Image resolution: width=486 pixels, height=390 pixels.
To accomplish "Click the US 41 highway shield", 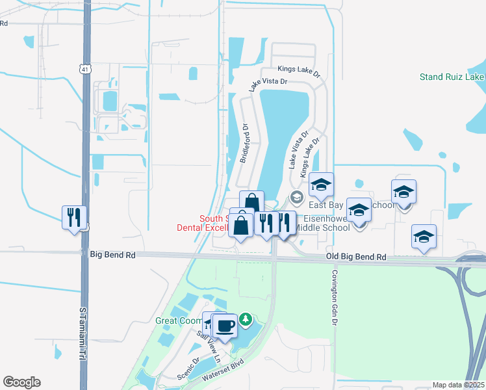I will point(85,68).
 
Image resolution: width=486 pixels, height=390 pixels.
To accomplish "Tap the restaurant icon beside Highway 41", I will point(74,216).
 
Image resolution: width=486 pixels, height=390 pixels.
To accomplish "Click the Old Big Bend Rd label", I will point(356,258).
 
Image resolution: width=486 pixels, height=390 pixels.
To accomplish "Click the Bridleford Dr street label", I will point(245,144).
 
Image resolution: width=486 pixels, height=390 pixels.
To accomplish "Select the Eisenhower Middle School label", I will point(322,222).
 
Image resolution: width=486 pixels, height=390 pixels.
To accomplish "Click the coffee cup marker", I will point(225,325).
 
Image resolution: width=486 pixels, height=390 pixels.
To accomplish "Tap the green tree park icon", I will point(245,318).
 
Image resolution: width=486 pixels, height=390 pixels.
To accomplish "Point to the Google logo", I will point(21,382).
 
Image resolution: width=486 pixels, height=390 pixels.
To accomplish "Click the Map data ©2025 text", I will point(458,385).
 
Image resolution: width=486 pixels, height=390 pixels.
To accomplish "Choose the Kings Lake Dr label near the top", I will point(299,69).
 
